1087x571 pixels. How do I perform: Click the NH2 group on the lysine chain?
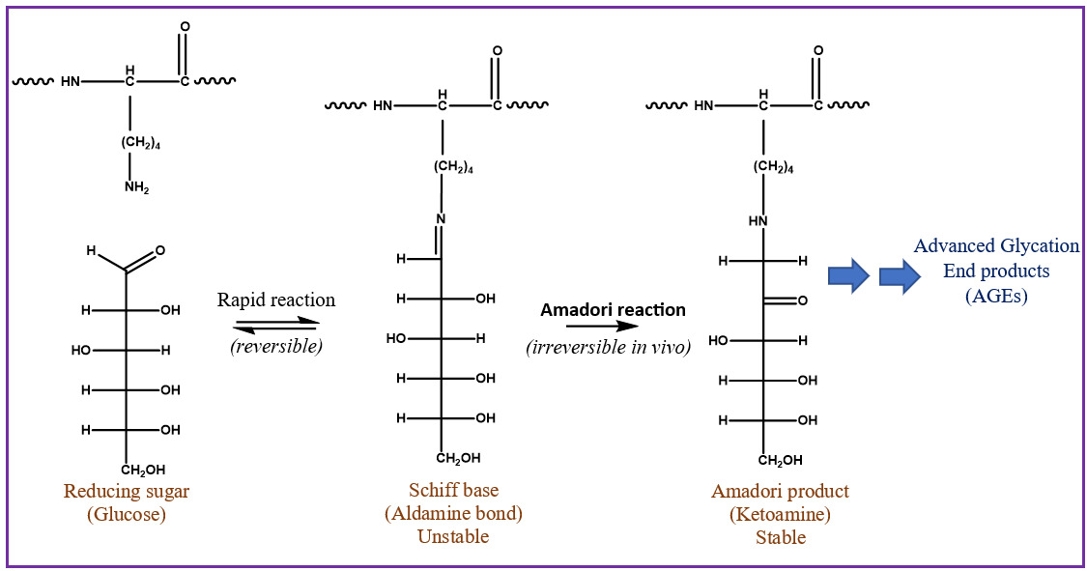[x=136, y=187]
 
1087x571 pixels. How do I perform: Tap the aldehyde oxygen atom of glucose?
[x=159, y=250]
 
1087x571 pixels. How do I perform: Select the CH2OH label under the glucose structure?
[x=142, y=471]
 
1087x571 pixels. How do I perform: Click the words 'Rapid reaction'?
[x=275, y=300]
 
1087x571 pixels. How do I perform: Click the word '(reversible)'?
[x=275, y=347]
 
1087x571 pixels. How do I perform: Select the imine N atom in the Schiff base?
[x=441, y=219]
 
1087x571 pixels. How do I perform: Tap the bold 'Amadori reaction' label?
[x=613, y=310]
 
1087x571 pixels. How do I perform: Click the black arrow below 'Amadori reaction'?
[x=601, y=327]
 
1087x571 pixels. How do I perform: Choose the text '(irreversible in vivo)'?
[x=609, y=347]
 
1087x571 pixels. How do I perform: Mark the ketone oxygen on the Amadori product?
[x=802, y=300]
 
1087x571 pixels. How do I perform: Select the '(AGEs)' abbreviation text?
[x=995, y=296]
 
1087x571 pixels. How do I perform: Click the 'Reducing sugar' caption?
[x=127, y=492]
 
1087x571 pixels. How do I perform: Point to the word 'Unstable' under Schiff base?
[x=453, y=536]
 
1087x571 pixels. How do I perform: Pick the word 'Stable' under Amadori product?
[x=780, y=537]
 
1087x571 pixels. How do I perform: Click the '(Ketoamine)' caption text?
[x=780, y=514]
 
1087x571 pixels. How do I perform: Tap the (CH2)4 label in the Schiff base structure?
[x=452, y=166]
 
